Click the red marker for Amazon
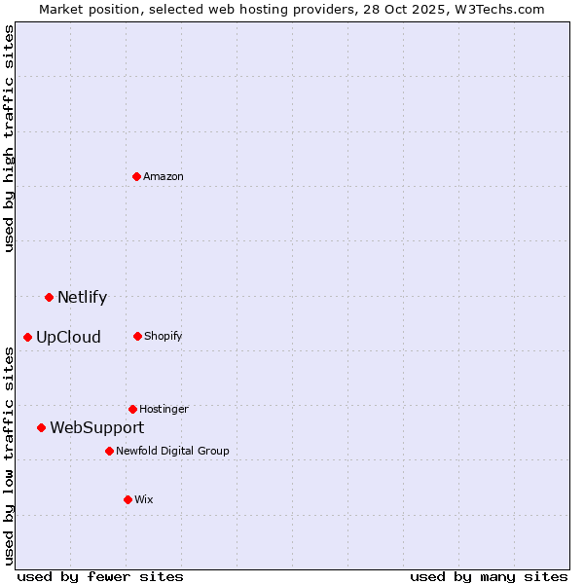click(137, 176)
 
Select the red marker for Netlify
click(49, 297)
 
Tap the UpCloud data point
click(28, 337)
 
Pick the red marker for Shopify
click(137, 336)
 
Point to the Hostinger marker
click(132, 409)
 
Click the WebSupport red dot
click(41, 427)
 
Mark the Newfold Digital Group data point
click(109, 451)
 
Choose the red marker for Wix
click(128, 499)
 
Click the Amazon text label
click(164, 176)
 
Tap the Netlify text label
click(82, 298)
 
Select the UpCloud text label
click(68, 338)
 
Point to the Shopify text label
click(164, 336)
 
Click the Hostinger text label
click(164, 409)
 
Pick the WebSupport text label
click(96, 428)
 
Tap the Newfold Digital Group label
click(172, 451)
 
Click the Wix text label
click(144, 499)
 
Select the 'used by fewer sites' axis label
click(100, 576)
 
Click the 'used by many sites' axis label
click(489, 576)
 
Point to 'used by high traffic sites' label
click(10, 138)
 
